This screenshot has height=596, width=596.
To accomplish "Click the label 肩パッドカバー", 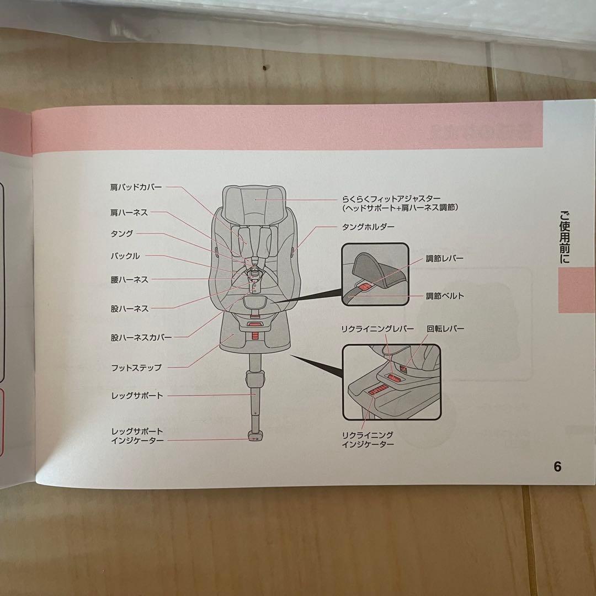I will click(x=136, y=187).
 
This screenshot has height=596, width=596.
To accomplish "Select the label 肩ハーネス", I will click(x=129, y=212).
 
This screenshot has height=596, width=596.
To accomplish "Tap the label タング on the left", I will click(x=122, y=233).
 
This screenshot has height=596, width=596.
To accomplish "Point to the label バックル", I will click(x=125, y=256).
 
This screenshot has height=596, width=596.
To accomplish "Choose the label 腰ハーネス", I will click(x=129, y=280).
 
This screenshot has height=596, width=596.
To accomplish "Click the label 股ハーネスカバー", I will click(x=141, y=337).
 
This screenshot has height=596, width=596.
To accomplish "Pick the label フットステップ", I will click(x=136, y=367).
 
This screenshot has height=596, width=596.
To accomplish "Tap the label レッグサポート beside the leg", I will click(x=137, y=396).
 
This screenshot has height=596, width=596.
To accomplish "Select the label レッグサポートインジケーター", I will click(x=137, y=435).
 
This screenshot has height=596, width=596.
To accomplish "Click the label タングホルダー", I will click(x=368, y=227).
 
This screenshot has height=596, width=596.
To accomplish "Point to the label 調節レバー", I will click(x=444, y=258).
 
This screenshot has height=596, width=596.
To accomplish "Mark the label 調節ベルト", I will click(x=445, y=296).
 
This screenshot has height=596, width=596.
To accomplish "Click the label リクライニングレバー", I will click(x=377, y=329).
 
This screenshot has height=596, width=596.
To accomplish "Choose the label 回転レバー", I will click(x=445, y=329).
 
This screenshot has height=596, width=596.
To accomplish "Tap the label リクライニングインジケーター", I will click(x=368, y=439).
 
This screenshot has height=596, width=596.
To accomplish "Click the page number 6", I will click(x=557, y=467).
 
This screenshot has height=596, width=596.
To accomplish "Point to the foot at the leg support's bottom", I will click(x=255, y=437).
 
